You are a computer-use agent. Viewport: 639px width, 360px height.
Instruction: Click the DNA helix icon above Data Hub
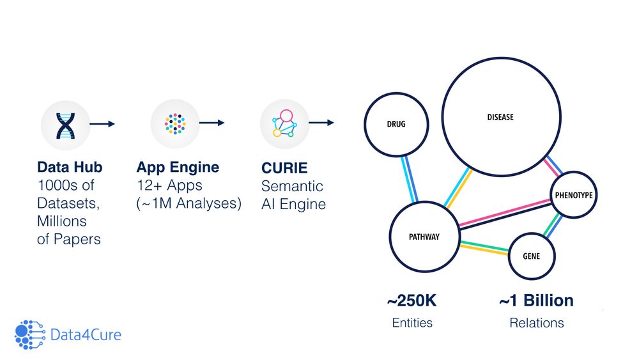tap(66, 124)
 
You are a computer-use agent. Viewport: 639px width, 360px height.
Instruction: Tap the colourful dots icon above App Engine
tap(175, 123)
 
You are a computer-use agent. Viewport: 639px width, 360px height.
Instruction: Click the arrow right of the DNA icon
tap(102, 124)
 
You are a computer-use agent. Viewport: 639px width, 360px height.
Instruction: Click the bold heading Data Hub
tap(70, 168)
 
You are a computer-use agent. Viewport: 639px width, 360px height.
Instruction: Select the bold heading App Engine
tap(178, 168)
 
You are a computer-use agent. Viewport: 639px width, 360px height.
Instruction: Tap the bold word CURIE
tap(284, 168)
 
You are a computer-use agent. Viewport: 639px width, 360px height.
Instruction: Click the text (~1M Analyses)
tap(189, 205)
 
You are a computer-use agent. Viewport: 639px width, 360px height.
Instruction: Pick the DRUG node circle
tap(396, 125)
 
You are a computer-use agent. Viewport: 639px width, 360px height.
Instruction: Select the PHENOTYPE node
tap(573, 194)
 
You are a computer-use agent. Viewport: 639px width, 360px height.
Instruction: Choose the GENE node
tap(532, 256)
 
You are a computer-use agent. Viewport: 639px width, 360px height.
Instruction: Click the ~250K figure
tap(412, 301)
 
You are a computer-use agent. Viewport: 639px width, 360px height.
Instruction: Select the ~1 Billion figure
tap(536, 301)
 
